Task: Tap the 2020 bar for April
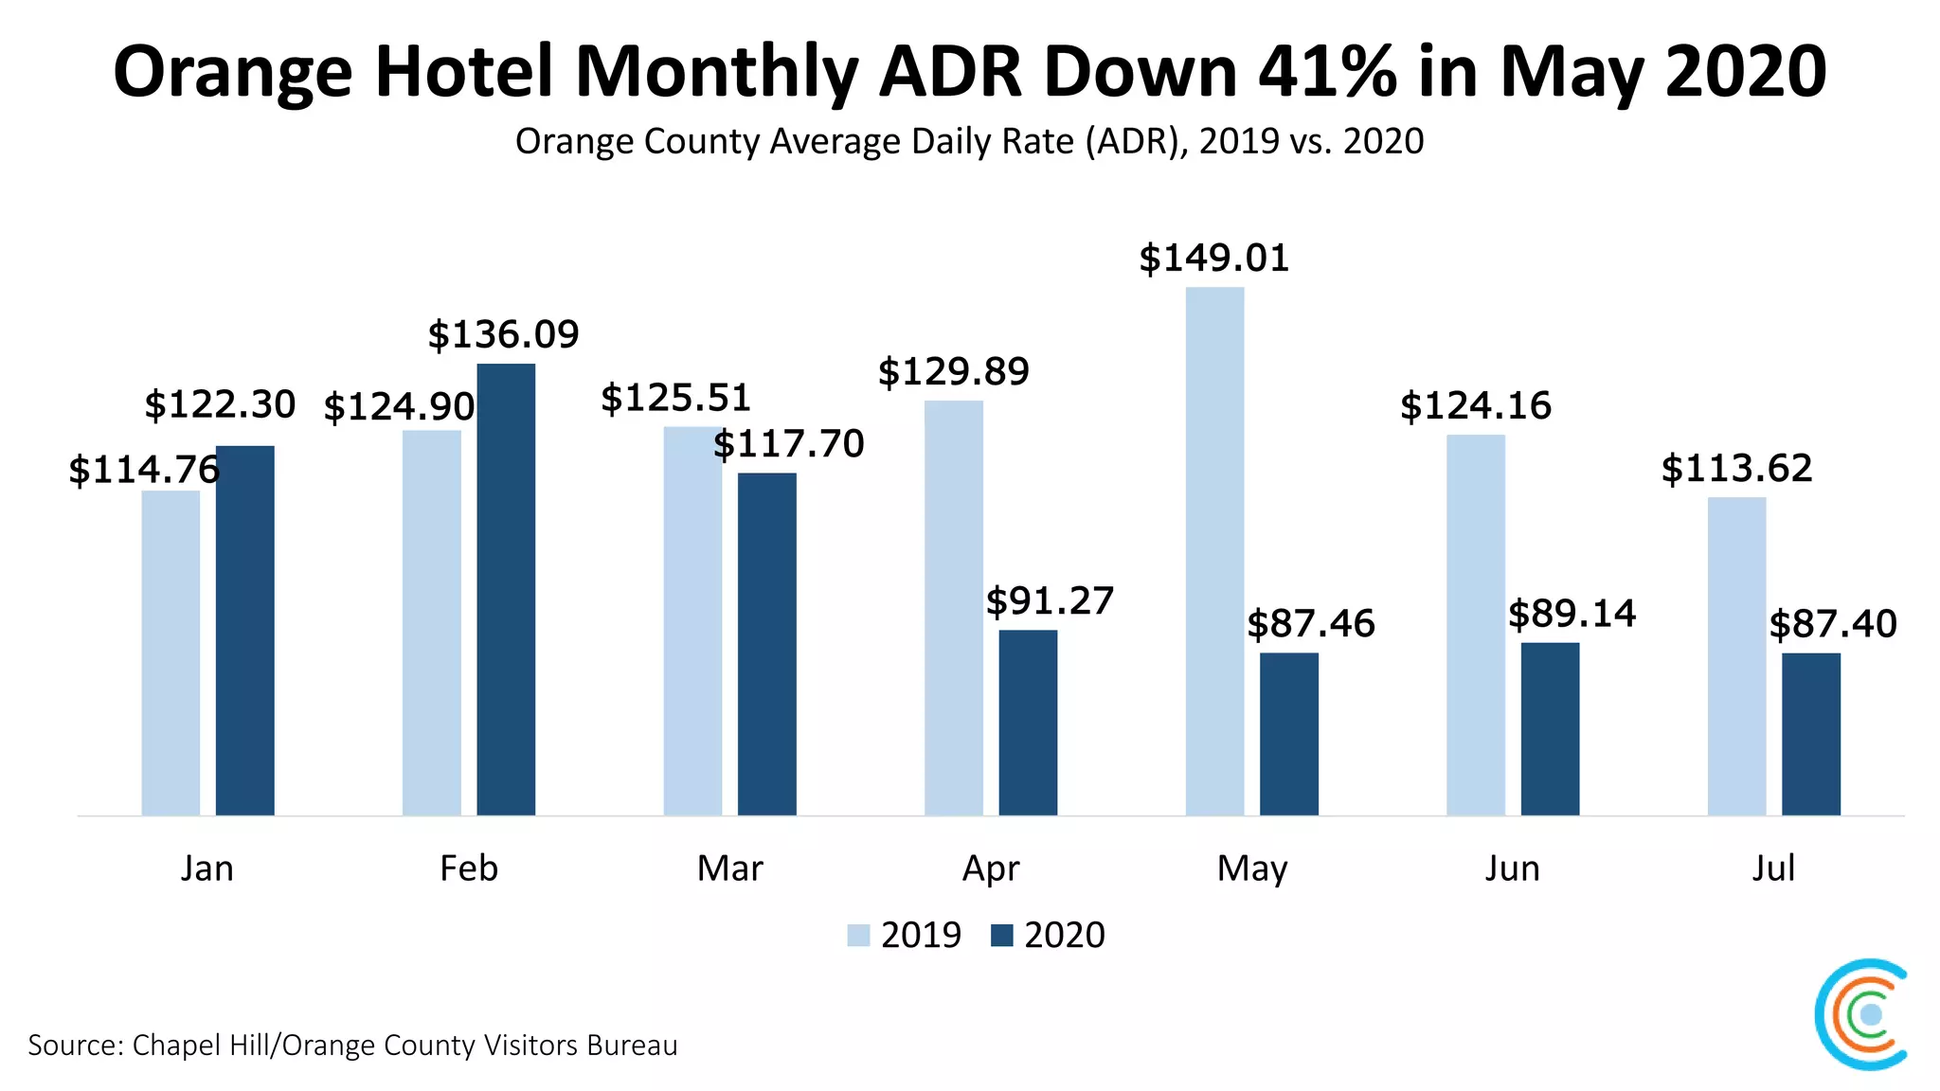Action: point(1028,722)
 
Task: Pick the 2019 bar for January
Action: point(171,653)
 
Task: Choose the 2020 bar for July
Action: point(1810,734)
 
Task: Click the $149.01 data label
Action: point(1213,259)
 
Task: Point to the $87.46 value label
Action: point(1310,624)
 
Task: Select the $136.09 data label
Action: point(503,334)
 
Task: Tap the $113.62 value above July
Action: point(1736,469)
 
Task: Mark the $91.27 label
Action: point(1050,601)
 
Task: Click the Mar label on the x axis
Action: point(729,868)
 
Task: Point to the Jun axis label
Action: point(1512,868)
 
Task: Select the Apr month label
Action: point(991,868)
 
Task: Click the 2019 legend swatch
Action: point(858,936)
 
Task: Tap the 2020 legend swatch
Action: point(1001,936)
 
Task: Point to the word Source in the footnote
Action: point(75,1046)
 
